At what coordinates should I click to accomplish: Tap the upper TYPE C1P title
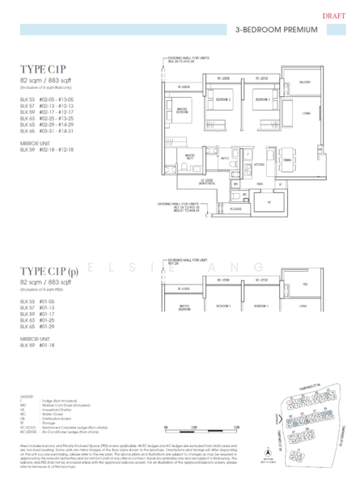coord(41,70)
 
